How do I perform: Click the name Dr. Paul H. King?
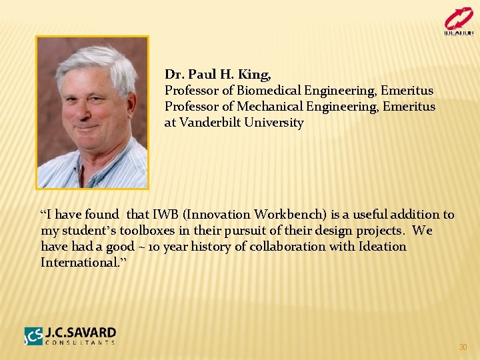pos(217,74)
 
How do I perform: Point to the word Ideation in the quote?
pos(381,247)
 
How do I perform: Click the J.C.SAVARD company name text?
pos(81,332)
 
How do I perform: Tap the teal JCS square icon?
pos(34,336)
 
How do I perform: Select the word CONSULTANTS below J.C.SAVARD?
pos(80,343)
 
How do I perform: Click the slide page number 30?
pos(463,347)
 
